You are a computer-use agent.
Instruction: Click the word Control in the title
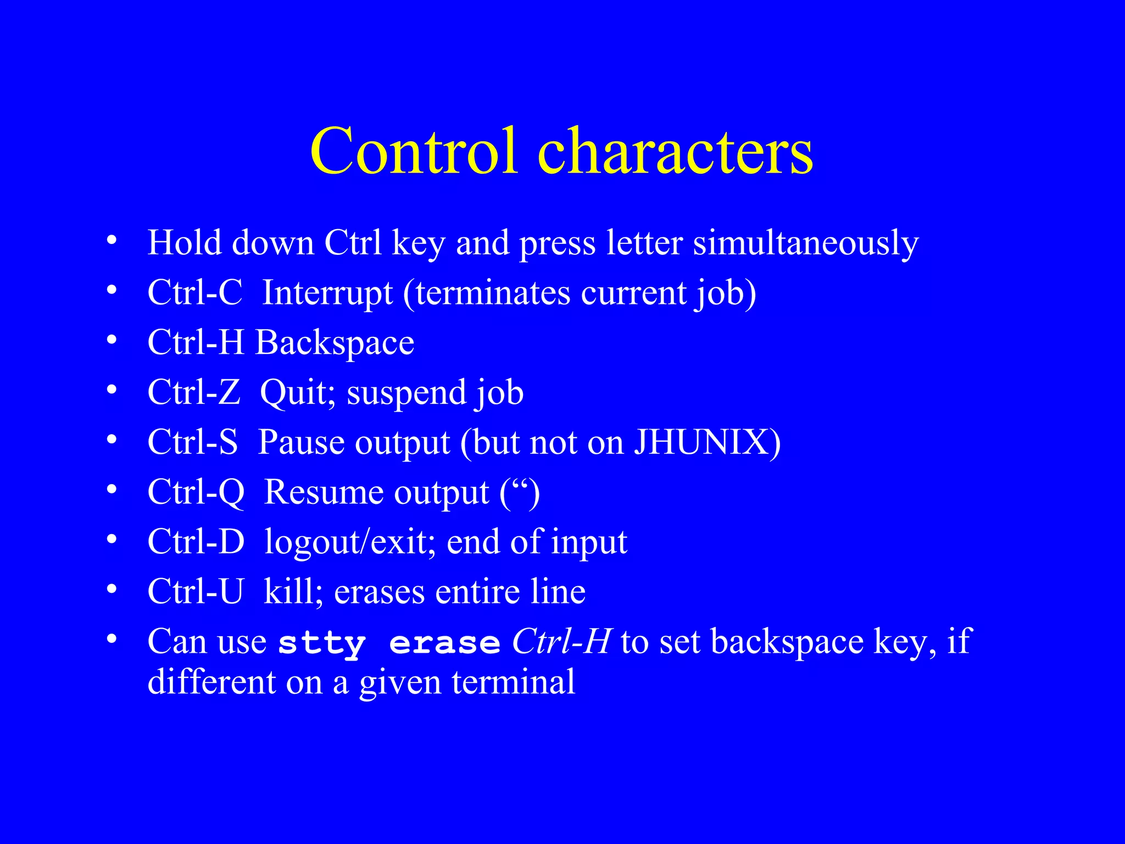[x=414, y=151]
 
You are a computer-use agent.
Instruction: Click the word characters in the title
[x=676, y=151]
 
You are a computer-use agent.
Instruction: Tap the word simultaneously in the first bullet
[x=805, y=243]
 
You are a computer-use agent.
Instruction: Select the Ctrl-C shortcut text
[x=194, y=292]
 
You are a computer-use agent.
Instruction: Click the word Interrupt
[x=327, y=292]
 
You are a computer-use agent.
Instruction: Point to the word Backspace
[x=335, y=342]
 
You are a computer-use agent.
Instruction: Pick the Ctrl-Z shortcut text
[x=193, y=392]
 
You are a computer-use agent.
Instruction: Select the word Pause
[x=299, y=442]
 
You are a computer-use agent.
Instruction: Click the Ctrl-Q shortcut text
[x=196, y=492]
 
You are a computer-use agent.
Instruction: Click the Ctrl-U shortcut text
[x=195, y=592]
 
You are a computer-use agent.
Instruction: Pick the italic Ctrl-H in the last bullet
[x=561, y=641]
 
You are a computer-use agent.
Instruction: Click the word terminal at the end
[x=513, y=682]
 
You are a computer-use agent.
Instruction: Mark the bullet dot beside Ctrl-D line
[x=112, y=540]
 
